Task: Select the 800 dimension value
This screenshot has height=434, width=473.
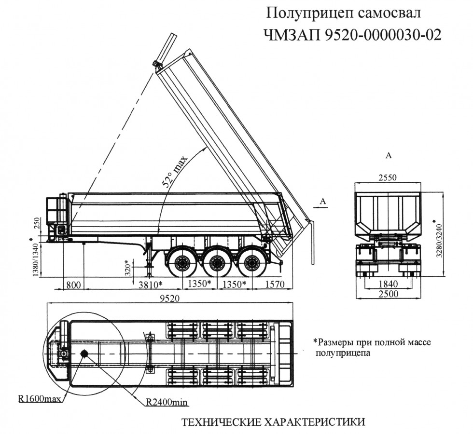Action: pos(73,283)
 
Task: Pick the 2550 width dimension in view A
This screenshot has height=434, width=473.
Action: pos(387,177)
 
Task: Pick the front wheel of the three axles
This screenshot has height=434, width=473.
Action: pos(182,263)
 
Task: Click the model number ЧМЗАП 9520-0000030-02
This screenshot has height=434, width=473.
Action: pos(352,35)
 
